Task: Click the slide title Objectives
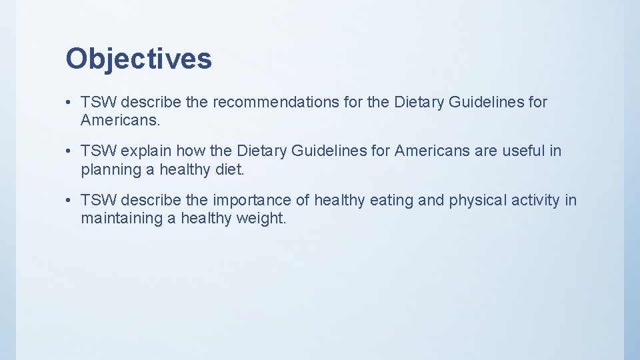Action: coord(139,59)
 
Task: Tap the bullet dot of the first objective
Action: coord(69,103)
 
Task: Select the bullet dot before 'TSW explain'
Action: coord(69,151)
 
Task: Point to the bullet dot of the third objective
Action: coord(69,201)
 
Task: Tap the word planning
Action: coord(109,169)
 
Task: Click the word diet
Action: coord(230,169)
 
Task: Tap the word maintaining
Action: coord(121,219)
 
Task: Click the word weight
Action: coord(261,219)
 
